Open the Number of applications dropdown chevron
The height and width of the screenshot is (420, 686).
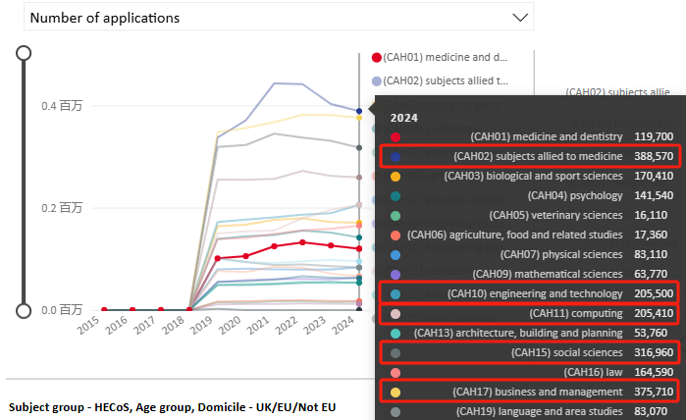(519, 17)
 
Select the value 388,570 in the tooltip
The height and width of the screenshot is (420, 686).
(653, 156)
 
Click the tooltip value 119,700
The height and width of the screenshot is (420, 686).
(653, 136)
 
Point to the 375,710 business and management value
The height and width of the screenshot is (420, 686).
(653, 392)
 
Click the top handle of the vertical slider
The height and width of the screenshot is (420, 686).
(24, 54)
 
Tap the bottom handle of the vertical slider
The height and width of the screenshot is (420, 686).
(24, 310)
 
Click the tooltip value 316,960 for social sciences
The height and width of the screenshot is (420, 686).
(653, 352)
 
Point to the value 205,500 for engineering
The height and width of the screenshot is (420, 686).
(653, 293)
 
